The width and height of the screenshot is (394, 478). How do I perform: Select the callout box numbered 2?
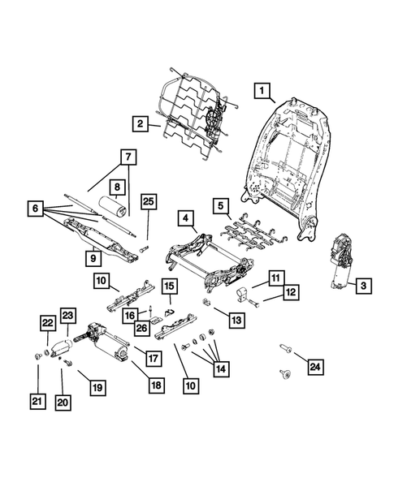point(141,124)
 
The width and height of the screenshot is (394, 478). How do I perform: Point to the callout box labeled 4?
point(185,218)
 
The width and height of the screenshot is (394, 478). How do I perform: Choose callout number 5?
point(219,205)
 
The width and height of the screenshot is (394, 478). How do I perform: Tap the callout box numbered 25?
point(147,201)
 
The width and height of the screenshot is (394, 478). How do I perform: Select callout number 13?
point(236,321)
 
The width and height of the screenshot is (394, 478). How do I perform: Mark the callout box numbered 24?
point(314,367)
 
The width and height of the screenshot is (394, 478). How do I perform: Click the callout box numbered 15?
point(169,286)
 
